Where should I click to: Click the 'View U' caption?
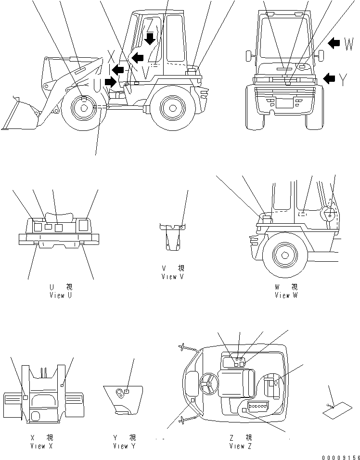coord(61,295)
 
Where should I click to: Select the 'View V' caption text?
coord(172,277)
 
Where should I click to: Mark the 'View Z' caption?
coord(240,446)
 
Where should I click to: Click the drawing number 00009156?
coord(340,456)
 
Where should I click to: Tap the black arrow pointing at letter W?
coord(334,44)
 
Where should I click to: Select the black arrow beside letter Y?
coord(330,78)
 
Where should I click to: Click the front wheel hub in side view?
coord(84,108)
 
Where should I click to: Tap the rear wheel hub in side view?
coord(173,108)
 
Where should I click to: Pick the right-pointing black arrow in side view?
coord(110,82)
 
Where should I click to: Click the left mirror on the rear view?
coord(249,55)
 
